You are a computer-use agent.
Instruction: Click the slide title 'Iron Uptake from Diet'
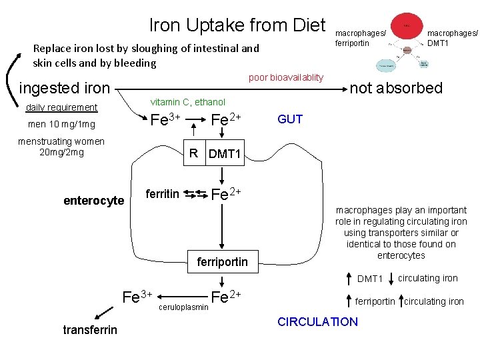coord(237,25)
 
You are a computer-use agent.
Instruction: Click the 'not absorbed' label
coord(396,88)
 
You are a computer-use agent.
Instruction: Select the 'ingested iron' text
coord(65,88)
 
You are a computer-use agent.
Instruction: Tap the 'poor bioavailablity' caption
coord(285,77)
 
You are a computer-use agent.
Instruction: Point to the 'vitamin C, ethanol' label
coord(188,102)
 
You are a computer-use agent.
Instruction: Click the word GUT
coord(290,119)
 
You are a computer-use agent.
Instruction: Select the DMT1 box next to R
coord(225,155)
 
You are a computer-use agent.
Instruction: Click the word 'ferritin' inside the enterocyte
coord(163,194)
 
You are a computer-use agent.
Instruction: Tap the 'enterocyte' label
coord(94,201)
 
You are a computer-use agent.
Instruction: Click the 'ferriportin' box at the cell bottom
coord(223,262)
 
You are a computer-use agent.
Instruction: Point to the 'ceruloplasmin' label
coord(183,308)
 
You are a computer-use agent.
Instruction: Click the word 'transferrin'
coord(90,329)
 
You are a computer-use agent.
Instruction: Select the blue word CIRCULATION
coord(317,322)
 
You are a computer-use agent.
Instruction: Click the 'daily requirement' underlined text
coord(61,107)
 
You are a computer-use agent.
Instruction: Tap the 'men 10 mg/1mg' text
coord(61,125)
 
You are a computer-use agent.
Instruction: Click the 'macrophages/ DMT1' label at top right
coord(452,38)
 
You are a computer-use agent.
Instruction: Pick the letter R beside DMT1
coord(193,153)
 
